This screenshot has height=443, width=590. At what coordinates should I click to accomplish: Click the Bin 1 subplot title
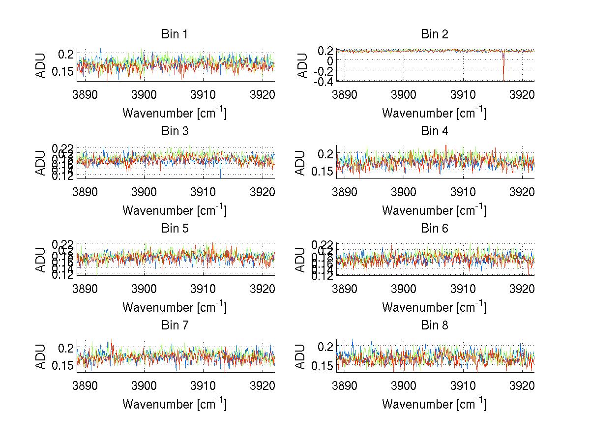click(x=175, y=34)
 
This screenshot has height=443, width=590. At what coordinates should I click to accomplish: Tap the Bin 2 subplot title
click(x=435, y=34)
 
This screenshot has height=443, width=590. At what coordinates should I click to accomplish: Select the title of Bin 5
click(x=175, y=229)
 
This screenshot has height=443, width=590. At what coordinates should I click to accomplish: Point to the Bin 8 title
click(x=435, y=325)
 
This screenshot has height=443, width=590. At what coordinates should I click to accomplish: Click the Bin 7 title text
click(x=175, y=325)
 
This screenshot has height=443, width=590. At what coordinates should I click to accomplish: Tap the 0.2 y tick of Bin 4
click(x=325, y=154)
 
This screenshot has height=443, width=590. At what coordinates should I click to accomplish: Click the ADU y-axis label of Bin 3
click(x=40, y=162)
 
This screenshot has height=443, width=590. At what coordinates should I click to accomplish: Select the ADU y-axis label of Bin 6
click(x=300, y=259)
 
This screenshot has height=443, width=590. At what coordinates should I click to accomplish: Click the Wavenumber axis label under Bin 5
click(x=175, y=307)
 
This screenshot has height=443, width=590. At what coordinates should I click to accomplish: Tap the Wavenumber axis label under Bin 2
click(x=435, y=113)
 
